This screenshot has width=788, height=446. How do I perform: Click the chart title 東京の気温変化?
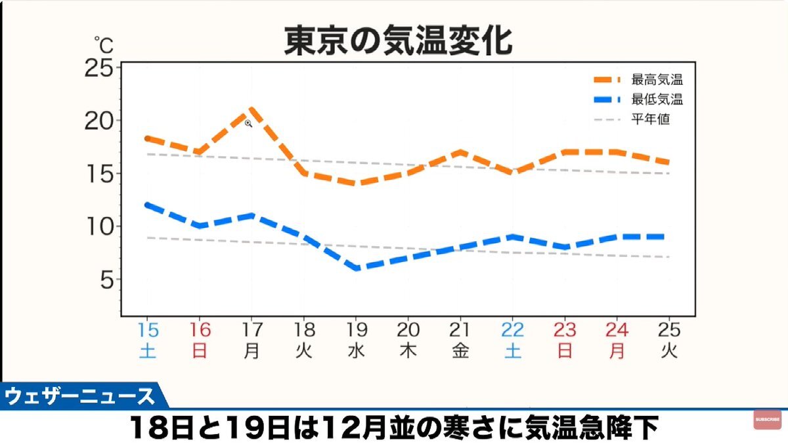click(397, 41)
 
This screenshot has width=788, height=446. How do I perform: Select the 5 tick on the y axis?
click(108, 280)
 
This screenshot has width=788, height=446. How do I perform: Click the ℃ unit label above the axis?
click(103, 45)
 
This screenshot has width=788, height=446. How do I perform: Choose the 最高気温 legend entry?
click(657, 80)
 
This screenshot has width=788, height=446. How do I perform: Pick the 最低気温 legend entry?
click(657, 100)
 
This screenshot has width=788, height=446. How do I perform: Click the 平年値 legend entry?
click(650, 120)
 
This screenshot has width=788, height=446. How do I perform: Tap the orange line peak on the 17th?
click(251, 109)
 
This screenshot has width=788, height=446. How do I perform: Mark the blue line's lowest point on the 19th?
click(356, 268)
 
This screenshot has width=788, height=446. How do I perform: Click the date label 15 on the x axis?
click(147, 330)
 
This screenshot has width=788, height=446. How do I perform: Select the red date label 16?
click(200, 330)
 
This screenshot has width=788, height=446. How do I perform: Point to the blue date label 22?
click(512, 330)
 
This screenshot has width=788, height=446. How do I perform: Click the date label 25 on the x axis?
click(668, 330)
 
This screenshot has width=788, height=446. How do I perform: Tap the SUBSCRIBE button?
click(767, 419)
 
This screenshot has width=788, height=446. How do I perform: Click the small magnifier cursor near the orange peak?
click(248, 123)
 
